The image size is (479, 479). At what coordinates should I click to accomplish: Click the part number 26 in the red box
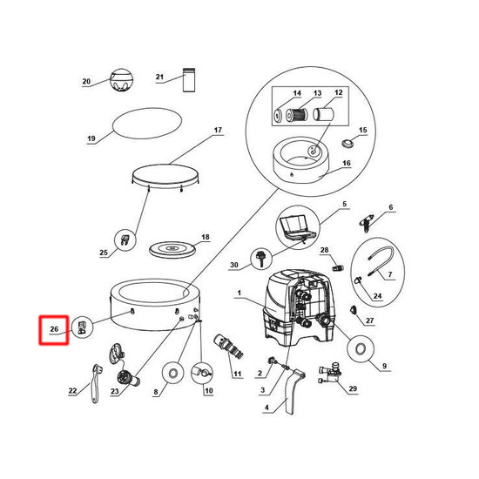point(54,329)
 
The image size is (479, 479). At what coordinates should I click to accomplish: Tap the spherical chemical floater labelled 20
point(122,79)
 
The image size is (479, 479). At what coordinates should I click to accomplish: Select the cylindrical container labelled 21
point(189,79)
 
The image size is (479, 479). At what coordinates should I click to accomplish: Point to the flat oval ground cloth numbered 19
point(147,123)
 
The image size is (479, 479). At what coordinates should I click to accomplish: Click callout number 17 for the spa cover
point(218,130)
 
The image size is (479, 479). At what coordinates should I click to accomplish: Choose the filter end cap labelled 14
point(278,115)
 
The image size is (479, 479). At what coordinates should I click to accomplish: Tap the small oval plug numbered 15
point(347,143)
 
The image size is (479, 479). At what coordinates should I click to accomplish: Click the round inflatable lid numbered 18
point(172,249)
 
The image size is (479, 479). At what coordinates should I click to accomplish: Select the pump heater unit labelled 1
point(299,308)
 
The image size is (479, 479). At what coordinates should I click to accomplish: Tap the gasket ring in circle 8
point(173,373)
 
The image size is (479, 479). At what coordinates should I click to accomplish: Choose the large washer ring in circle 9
point(361,348)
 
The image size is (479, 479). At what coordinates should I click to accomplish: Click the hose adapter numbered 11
point(228,347)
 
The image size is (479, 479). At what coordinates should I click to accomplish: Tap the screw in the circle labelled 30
point(261,259)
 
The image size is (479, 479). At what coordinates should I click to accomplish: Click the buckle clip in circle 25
point(125,240)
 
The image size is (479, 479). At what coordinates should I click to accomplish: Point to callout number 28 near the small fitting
point(324,250)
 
